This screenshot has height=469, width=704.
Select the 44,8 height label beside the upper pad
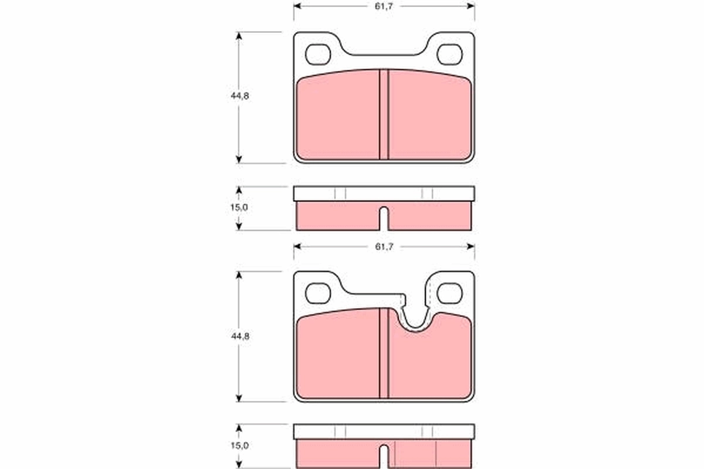point(239,97)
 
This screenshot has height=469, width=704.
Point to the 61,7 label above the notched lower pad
point(384,247)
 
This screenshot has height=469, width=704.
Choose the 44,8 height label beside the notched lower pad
point(239,337)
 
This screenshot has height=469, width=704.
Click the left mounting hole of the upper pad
point(318,54)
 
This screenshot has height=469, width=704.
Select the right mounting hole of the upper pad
point(449,54)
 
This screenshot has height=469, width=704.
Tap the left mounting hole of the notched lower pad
point(318,293)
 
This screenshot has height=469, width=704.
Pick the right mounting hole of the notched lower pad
point(449,293)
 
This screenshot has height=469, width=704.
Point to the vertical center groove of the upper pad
point(384,115)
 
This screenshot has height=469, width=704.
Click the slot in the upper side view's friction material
point(384,219)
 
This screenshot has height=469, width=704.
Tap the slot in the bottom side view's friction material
point(384,456)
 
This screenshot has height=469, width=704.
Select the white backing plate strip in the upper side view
point(384,194)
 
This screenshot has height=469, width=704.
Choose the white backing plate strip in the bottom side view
point(384,432)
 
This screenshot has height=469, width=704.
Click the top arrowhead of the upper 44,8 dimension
point(239,36)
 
